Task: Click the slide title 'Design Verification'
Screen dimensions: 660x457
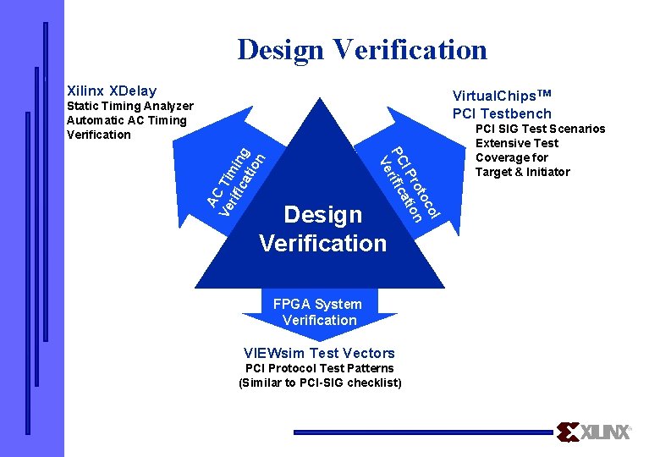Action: [362, 49]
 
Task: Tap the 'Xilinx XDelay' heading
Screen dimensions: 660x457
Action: [112, 90]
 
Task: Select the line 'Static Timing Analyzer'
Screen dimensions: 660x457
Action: [129, 106]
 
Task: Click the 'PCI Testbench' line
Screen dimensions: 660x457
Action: [502, 113]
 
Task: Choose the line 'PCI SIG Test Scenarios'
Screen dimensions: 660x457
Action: [541, 129]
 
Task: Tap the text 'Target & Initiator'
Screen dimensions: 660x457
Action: [522, 172]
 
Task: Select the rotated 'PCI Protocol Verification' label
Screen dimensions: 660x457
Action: [410, 183]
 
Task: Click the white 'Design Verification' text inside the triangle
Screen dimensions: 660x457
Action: [322, 228]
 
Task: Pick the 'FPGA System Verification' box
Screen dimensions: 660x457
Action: [318, 311]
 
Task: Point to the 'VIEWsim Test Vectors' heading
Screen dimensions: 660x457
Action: [319, 353]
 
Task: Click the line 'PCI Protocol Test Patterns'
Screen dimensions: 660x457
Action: [319, 368]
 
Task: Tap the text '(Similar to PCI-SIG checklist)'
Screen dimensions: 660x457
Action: [320, 383]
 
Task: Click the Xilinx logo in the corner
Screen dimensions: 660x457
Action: [595, 432]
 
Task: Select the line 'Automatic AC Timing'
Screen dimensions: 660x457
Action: [125, 120]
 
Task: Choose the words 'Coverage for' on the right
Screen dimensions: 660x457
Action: [511, 157]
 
